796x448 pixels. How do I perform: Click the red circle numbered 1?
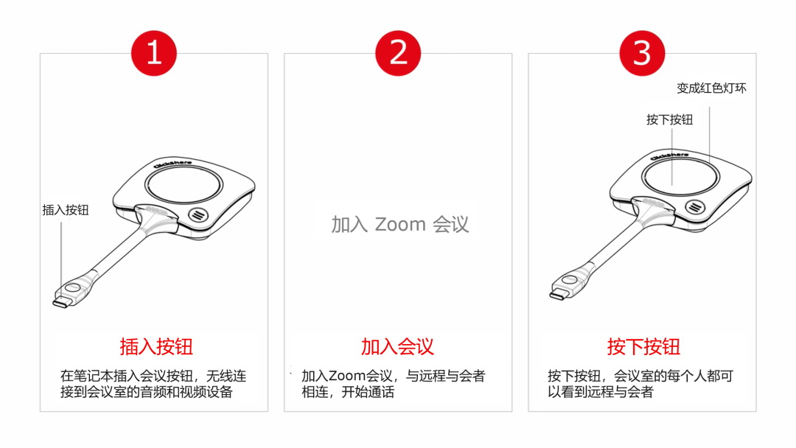pos(154,53)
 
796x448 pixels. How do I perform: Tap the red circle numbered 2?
pos(398,53)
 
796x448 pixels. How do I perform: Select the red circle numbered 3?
pos(642,53)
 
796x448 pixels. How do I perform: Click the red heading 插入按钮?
pos(156,347)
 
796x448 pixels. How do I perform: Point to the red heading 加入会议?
pos(397,347)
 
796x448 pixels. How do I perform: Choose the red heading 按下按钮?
pos(643,347)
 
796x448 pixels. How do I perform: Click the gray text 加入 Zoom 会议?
pos(400,224)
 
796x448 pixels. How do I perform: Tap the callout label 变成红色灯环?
pos(712,88)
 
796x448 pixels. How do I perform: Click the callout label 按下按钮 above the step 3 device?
pos(669,120)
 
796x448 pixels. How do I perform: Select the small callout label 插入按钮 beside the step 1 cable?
pos(66,210)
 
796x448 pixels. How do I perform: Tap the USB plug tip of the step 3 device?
pos(557,293)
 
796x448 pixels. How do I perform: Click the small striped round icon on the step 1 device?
pos(198,214)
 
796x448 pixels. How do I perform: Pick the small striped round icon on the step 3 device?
pos(695,206)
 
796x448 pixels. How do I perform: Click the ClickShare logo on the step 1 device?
pos(172,163)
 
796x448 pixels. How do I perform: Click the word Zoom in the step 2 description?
pos(347,376)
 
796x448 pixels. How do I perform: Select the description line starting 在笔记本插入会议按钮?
pos(153,376)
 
